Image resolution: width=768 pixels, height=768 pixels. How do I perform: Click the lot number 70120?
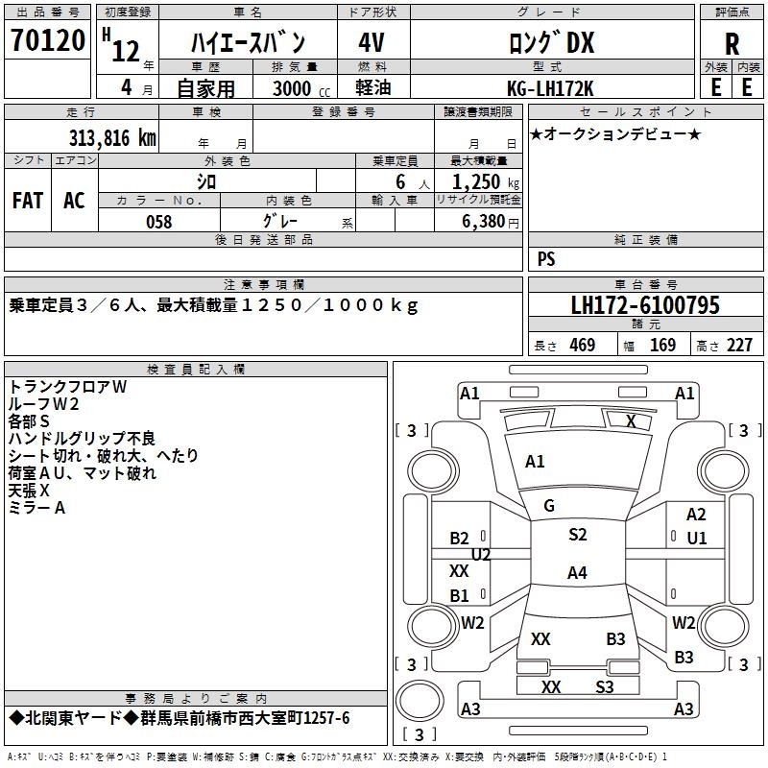tap(48, 41)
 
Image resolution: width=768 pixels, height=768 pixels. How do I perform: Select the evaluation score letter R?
tap(732, 44)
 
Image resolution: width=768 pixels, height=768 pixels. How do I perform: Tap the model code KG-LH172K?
tap(551, 88)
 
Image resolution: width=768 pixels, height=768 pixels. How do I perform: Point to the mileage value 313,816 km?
tap(112, 137)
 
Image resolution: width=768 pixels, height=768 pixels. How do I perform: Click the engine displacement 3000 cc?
tap(297, 89)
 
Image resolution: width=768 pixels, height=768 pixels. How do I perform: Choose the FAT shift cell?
tap(27, 200)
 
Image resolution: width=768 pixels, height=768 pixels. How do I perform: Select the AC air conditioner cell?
tap(74, 200)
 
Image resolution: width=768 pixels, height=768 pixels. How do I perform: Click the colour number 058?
tap(158, 222)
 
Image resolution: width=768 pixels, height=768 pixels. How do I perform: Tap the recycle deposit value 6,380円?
tap(491, 222)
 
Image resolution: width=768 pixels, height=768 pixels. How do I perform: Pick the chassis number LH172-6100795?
tap(645, 305)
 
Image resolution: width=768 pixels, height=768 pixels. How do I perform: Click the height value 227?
tap(739, 346)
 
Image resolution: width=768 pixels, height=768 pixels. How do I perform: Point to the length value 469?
tap(582, 346)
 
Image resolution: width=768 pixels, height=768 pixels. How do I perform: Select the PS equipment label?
tap(546, 259)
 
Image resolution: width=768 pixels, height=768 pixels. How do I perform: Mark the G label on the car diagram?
tap(549, 506)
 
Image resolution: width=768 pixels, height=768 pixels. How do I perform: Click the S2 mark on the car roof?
tap(577, 535)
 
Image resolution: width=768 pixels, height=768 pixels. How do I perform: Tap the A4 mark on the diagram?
tap(577, 573)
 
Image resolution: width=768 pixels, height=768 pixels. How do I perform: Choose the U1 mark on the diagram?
tap(697, 538)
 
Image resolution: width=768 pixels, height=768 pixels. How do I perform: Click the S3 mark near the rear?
tap(605, 686)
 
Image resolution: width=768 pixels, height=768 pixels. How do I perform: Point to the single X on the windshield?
tap(631, 420)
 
